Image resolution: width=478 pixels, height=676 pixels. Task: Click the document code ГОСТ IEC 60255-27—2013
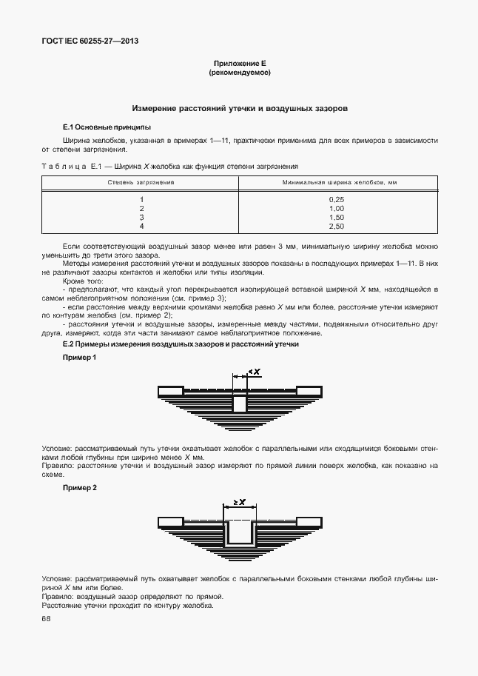(x=90, y=41)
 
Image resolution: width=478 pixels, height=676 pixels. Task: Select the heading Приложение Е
(x=239, y=64)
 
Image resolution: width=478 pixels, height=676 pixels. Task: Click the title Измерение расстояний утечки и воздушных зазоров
(x=239, y=108)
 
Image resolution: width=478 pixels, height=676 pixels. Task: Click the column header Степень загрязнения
(x=141, y=181)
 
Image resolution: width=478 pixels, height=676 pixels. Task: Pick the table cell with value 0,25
(x=337, y=200)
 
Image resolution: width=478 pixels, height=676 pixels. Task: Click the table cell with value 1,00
(x=337, y=209)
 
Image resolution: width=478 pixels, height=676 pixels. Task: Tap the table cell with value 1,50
(x=337, y=218)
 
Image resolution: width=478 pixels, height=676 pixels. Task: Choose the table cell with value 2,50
(x=337, y=226)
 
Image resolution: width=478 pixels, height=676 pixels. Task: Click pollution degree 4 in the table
(x=141, y=226)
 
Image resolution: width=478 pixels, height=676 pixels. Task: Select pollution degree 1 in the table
(x=141, y=200)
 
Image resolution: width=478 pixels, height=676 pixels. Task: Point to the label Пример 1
(x=79, y=358)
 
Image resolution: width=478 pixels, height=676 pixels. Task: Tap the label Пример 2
(x=79, y=488)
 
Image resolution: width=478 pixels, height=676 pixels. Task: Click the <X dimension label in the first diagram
(x=255, y=372)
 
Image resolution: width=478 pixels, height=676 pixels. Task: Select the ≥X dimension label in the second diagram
(x=239, y=501)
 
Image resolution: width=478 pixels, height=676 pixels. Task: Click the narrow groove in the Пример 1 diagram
(x=240, y=404)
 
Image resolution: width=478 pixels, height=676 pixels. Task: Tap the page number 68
(x=46, y=619)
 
